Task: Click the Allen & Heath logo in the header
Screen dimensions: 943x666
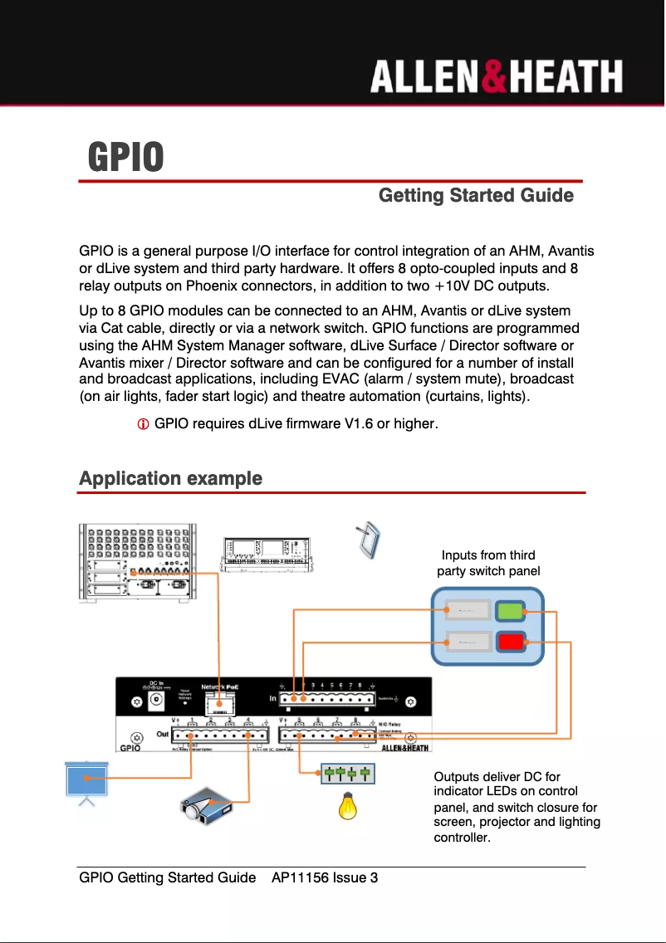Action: click(x=496, y=77)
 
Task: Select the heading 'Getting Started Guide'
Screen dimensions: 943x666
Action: click(x=476, y=196)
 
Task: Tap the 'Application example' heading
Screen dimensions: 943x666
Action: click(x=170, y=479)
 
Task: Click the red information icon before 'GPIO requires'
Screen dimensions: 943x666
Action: click(x=143, y=425)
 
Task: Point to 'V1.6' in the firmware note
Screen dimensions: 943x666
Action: click(x=359, y=425)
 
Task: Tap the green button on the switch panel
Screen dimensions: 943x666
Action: click(x=510, y=611)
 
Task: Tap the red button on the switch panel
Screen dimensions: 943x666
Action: click(x=510, y=642)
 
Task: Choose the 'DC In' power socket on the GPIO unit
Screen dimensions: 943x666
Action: click(x=155, y=702)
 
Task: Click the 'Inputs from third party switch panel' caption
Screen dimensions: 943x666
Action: click(x=488, y=563)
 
